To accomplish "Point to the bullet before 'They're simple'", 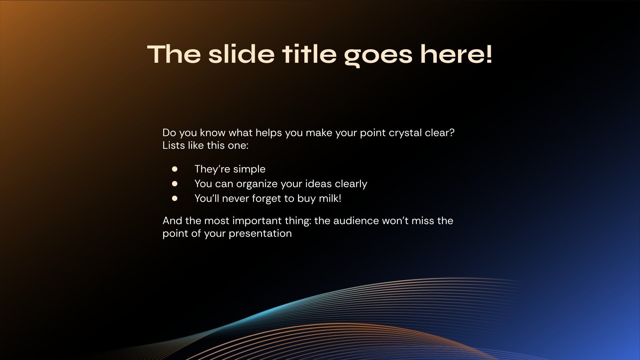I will [174, 169].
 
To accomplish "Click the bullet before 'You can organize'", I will [174, 184].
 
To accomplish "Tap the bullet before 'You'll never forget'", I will [174, 198].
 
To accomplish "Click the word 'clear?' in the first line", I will [440, 132].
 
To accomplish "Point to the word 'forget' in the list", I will [266, 198].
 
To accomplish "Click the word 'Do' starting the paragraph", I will [169, 132].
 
